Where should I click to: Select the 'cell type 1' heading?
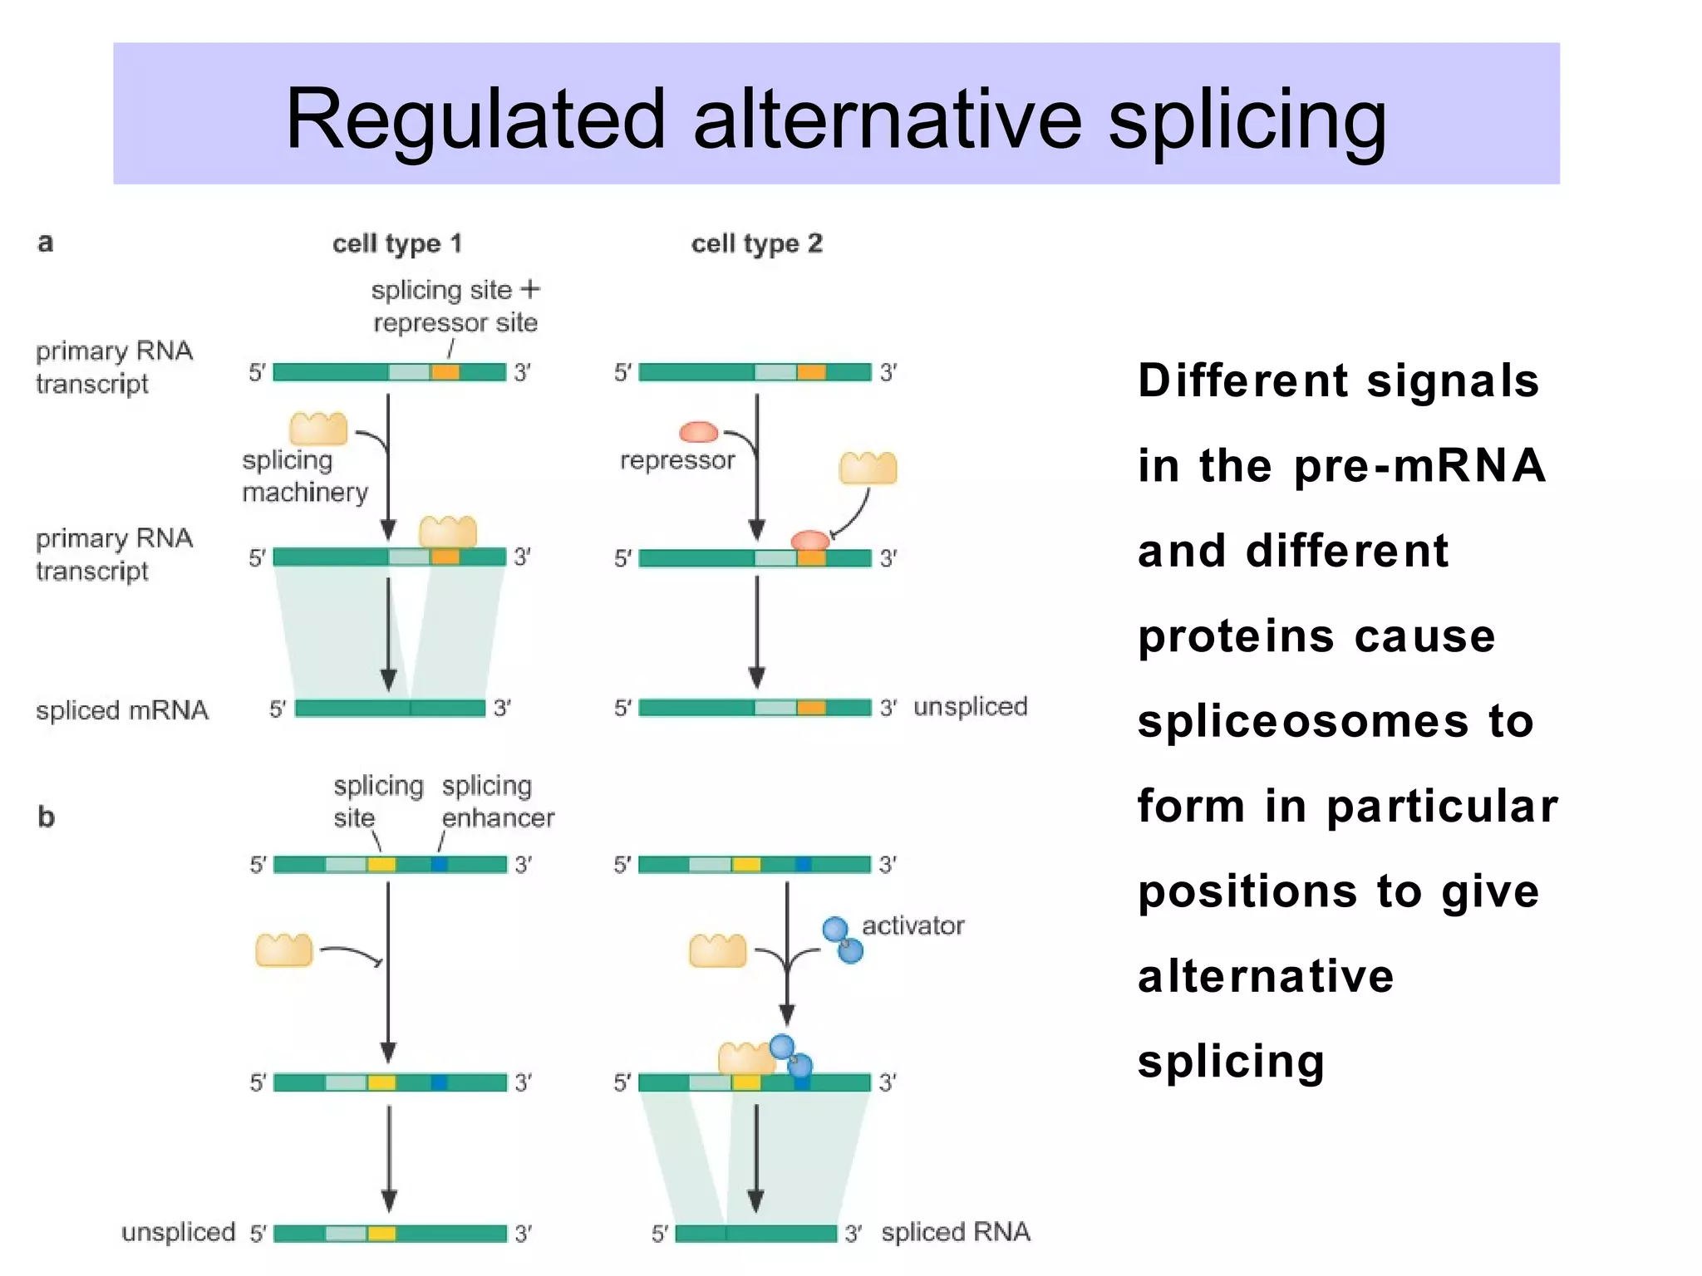[x=396, y=243]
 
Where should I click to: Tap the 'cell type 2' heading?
[x=756, y=243]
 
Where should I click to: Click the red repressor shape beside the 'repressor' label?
[x=698, y=432]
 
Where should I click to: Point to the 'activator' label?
[x=912, y=925]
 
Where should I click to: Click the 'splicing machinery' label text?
[x=304, y=476]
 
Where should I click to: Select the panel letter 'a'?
[x=46, y=243]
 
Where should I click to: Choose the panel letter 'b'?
[x=47, y=817]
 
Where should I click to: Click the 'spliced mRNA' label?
[x=122, y=710]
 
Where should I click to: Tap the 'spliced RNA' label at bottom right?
[x=956, y=1232]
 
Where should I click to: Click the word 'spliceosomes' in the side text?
[x=1302, y=721]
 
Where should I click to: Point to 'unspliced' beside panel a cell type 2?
[x=970, y=707]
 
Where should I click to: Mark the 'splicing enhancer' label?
[x=497, y=802]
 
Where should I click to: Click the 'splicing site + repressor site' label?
[x=455, y=306]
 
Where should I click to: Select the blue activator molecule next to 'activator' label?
[x=843, y=940]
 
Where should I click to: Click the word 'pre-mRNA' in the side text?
[x=1419, y=465]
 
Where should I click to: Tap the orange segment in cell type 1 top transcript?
[x=445, y=372]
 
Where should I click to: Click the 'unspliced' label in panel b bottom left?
[x=178, y=1232]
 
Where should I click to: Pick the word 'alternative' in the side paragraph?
[x=1265, y=976]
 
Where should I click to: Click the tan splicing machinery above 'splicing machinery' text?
[x=318, y=429]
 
